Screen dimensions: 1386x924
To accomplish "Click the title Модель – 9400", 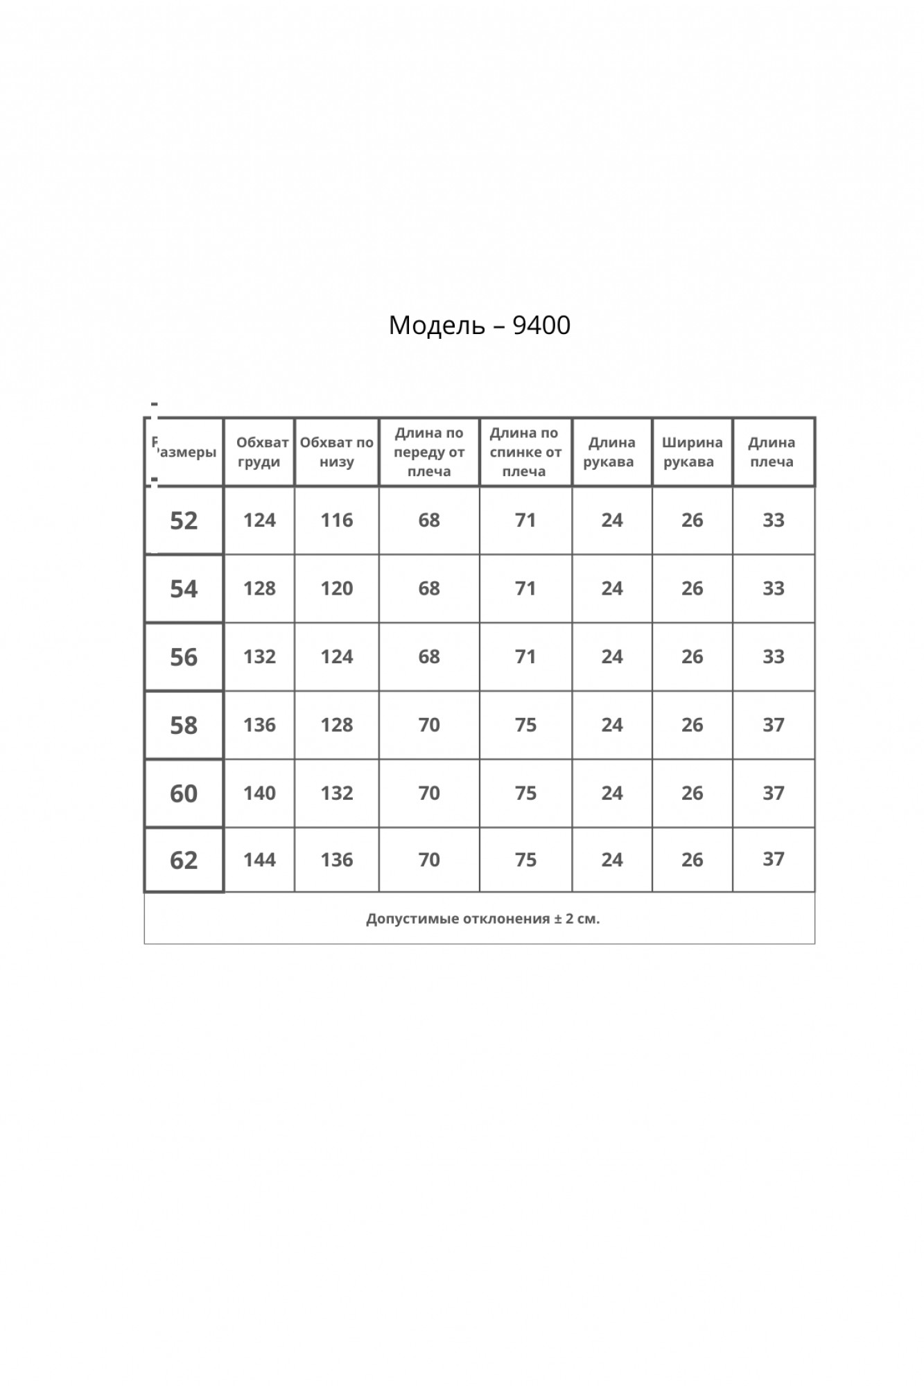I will (x=479, y=325).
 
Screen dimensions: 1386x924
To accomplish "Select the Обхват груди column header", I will (x=260, y=452).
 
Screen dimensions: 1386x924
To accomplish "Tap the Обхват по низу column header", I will (x=337, y=452).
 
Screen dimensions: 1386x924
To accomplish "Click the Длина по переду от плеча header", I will (x=429, y=452).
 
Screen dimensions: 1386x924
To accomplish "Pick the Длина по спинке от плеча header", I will (x=525, y=452).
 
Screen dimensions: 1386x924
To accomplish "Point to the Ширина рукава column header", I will (x=691, y=452).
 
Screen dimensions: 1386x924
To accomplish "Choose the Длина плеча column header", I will (x=772, y=452).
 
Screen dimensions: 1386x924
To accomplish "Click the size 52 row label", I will (x=184, y=520).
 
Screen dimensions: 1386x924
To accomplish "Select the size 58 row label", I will (x=184, y=726).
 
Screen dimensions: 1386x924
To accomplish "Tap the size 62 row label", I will (x=184, y=860).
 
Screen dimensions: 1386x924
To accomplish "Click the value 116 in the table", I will (x=337, y=520).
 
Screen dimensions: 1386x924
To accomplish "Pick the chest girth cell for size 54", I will (x=260, y=588).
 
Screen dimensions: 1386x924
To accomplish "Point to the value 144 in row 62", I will (x=260, y=860).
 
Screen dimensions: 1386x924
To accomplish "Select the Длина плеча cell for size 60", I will (x=774, y=793).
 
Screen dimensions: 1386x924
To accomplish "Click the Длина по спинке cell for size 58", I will (x=525, y=725).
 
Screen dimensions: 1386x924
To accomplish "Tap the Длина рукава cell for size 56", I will (x=612, y=656).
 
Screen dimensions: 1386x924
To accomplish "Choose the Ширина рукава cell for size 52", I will (x=692, y=520).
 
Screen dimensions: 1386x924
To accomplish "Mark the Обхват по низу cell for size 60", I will (x=337, y=793).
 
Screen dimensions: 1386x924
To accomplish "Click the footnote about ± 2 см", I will (x=482, y=919).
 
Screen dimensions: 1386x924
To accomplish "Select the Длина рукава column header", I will (x=610, y=452).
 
